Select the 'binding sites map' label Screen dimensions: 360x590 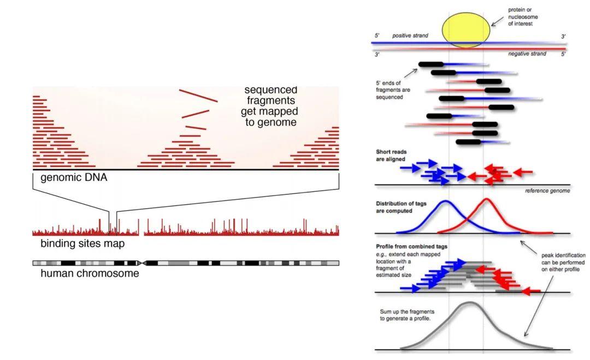pos(82,243)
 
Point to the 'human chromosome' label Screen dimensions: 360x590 pos(90,273)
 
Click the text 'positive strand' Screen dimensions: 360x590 pos(410,36)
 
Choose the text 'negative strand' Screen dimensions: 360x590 pos(527,54)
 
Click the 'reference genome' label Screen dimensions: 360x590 pos(547,191)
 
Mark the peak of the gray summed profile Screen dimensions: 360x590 pos(469,303)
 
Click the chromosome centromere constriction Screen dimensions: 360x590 pos(143,263)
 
